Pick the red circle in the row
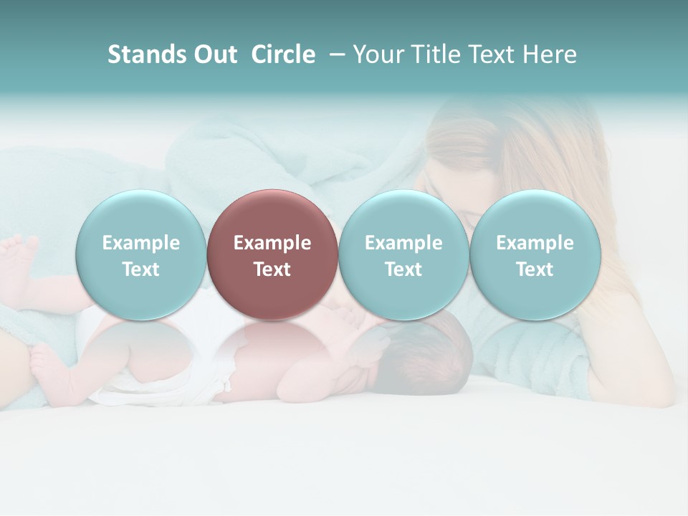(272, 254)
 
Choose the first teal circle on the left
(140, 254)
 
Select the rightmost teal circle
(535, 254)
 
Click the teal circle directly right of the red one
(403, 254)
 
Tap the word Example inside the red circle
(272, 243)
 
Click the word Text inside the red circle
(272, 269)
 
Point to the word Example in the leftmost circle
(140, 243)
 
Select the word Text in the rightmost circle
(535, 269)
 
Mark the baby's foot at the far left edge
(19, 258)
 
